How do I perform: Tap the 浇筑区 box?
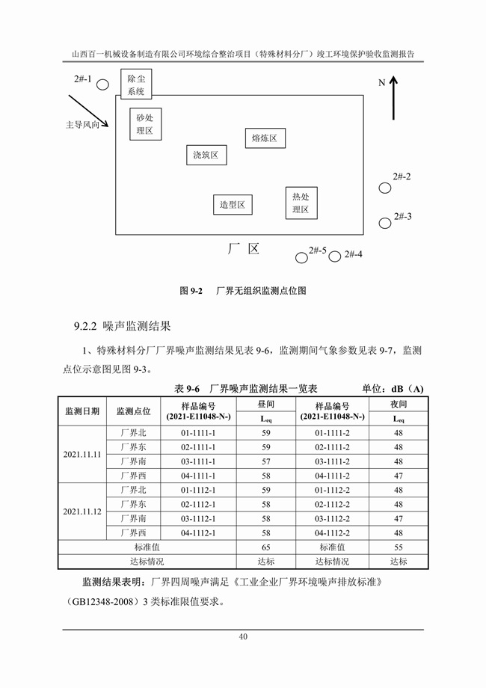(x=206, y=155)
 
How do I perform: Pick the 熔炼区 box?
(x=265, y=138)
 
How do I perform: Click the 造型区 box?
(x=233, y=203)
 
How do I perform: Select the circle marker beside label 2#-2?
(x=384, y=188)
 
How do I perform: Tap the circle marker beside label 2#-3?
(x=384, y=223)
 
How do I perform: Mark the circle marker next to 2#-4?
(x=335, y=257)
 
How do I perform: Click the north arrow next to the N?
(x=394, y=98)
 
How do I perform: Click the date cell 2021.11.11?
(x=82, y=454)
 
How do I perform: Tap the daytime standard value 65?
(x=265, y=547)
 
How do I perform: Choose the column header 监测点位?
(x=134, y=411)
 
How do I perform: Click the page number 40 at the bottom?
(x=243, y=637)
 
